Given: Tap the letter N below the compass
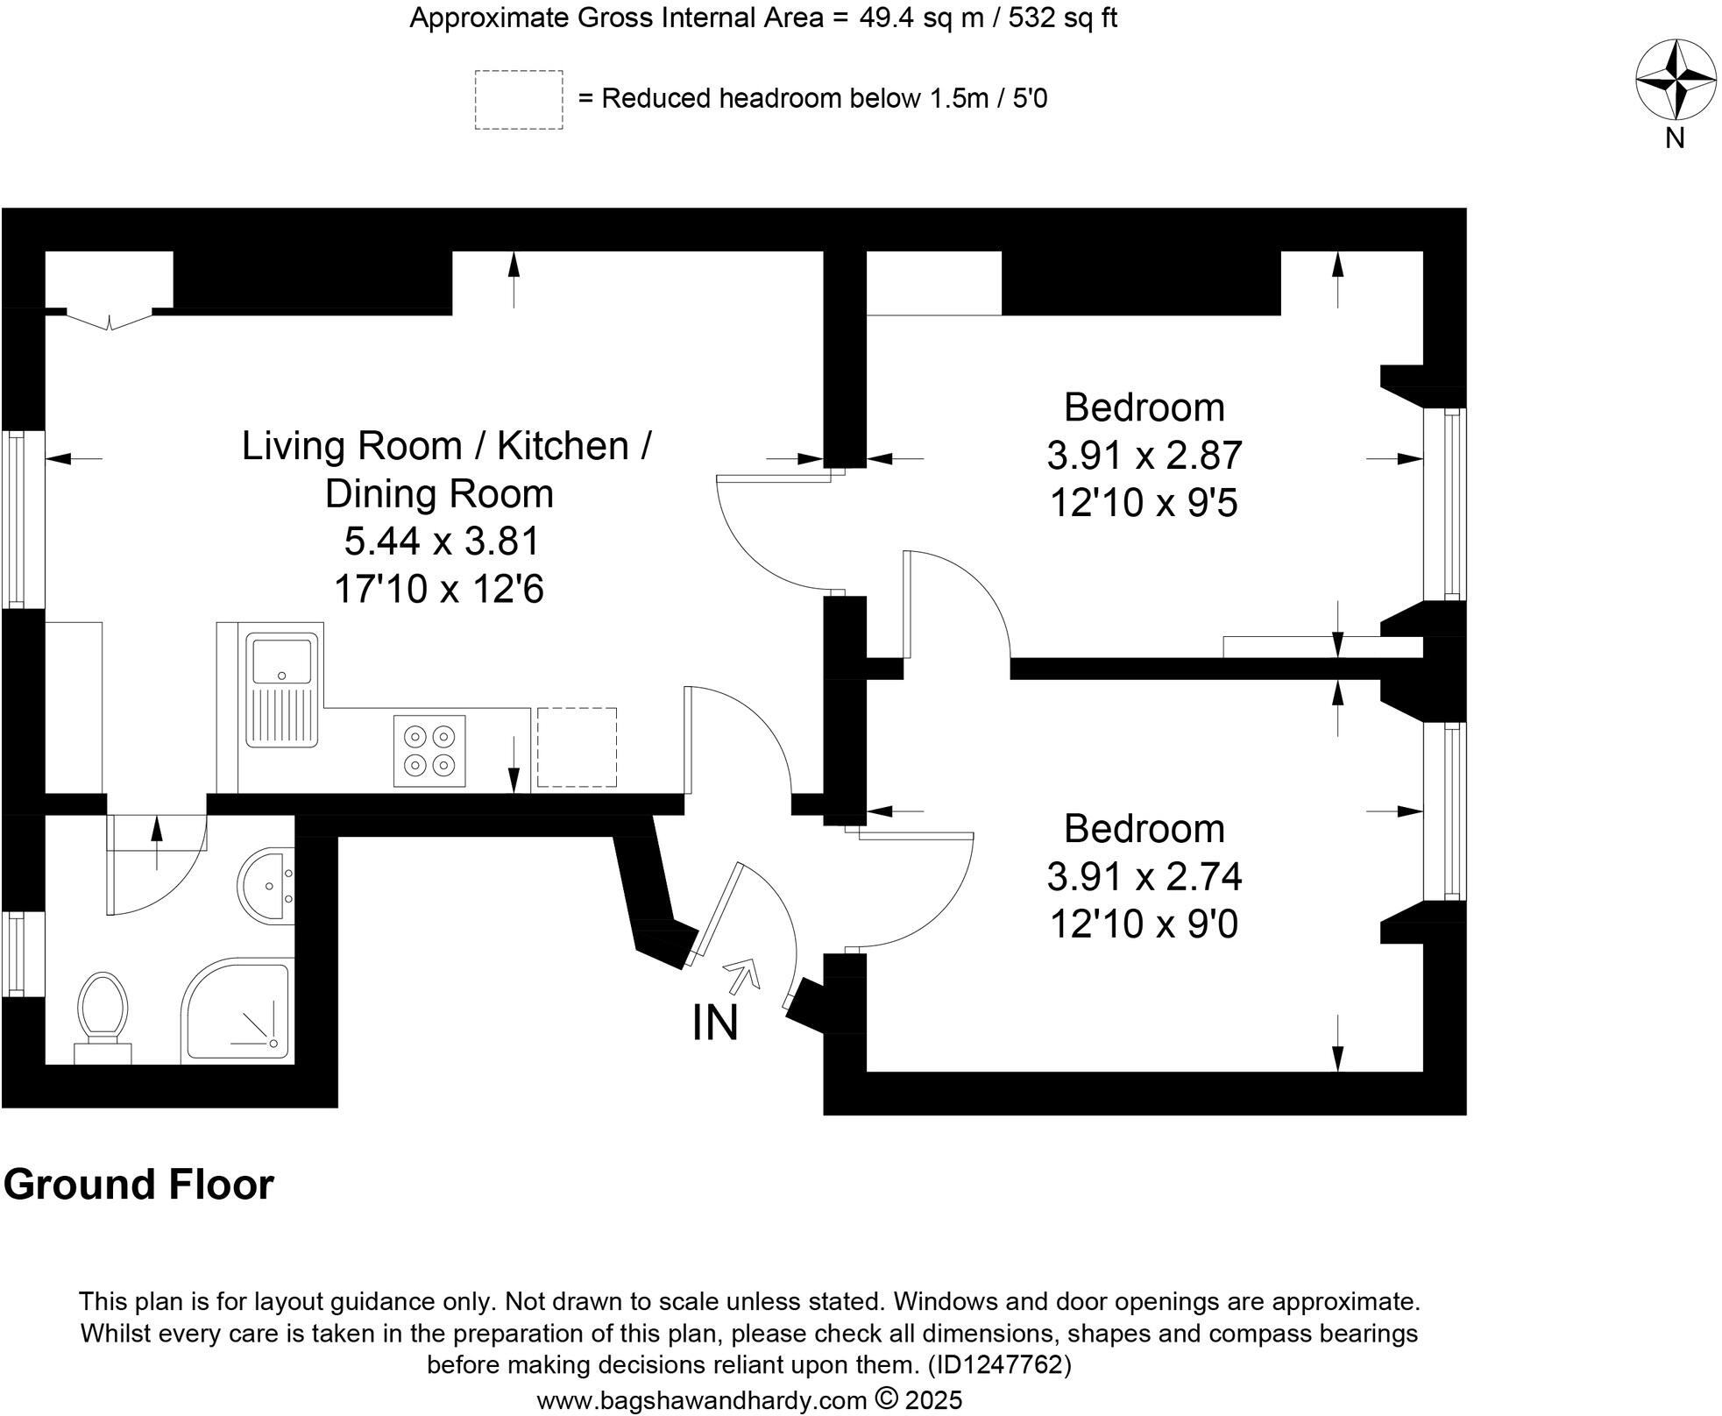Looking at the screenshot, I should [1675, 138].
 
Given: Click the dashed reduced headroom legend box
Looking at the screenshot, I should [519, 100].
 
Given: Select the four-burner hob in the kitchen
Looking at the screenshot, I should [429, 751].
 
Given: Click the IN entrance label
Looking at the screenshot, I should [715, 1023].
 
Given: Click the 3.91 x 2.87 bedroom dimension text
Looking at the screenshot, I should [1144, 456].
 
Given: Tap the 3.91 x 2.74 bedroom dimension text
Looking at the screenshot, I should [1144, 876].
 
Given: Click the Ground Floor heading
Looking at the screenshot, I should [138, 1185].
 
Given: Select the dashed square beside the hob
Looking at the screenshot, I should [577, 747].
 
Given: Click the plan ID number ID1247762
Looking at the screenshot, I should [998, 1365].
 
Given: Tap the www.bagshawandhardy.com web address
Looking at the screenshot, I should [701, 1400].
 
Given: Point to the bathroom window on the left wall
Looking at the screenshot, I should [13, 953].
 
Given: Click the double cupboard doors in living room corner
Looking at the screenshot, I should [110, 320].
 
